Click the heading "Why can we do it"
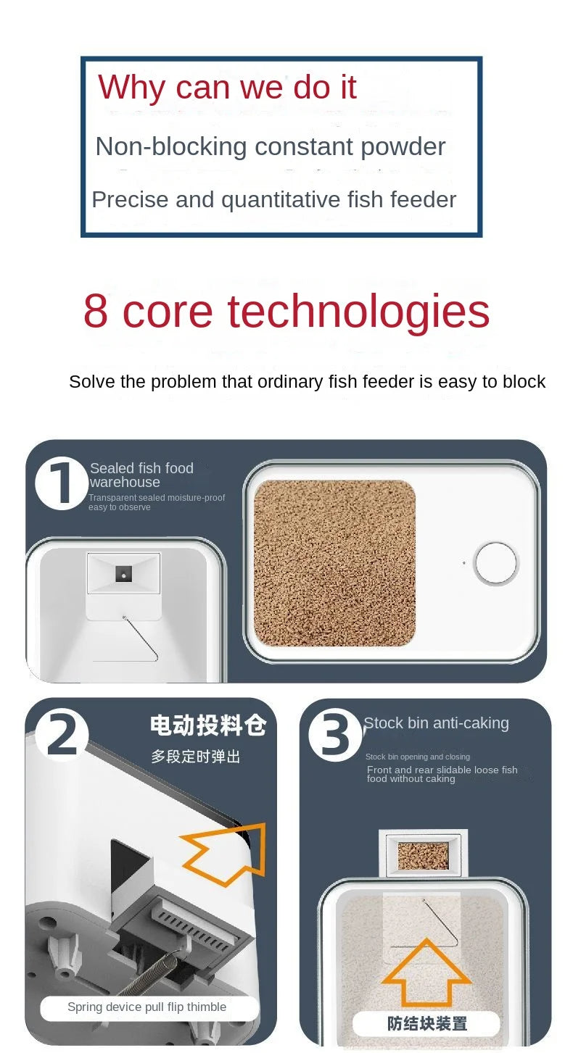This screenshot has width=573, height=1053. (x=227, y=88)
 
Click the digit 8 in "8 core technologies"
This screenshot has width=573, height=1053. (x=96, y=311)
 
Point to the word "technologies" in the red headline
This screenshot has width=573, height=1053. (x=359, y=312)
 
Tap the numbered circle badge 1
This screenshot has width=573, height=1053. (x=61, y=483)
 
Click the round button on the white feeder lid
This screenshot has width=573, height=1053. (x=496, y=562)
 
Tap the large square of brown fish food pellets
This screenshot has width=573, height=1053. (x=334, y=562)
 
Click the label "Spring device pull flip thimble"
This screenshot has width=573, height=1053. (x=147, y=1007)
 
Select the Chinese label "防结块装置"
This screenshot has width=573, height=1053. (x=427, y=1023)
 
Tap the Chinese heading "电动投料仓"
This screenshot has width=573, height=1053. (x=208, y=725)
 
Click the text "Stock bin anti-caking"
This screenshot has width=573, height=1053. (x=436, y=723)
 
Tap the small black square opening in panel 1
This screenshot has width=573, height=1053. (x=123, y=574)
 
